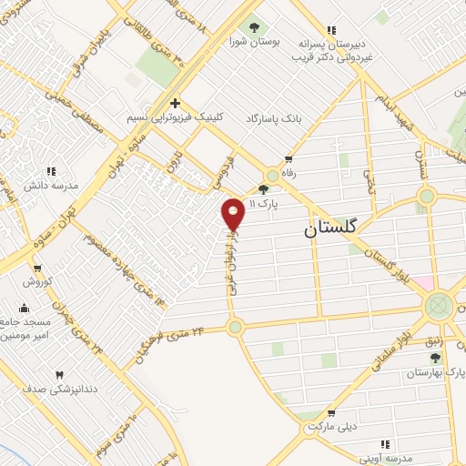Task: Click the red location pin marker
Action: pos(233,215)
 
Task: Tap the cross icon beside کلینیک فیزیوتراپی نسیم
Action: pos(175,103)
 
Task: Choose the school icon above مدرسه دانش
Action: pos(51,169)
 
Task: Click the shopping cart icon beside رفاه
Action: pos(289,158)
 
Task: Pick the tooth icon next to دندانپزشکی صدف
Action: pos(60,374)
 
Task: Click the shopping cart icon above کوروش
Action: pos(37,268)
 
